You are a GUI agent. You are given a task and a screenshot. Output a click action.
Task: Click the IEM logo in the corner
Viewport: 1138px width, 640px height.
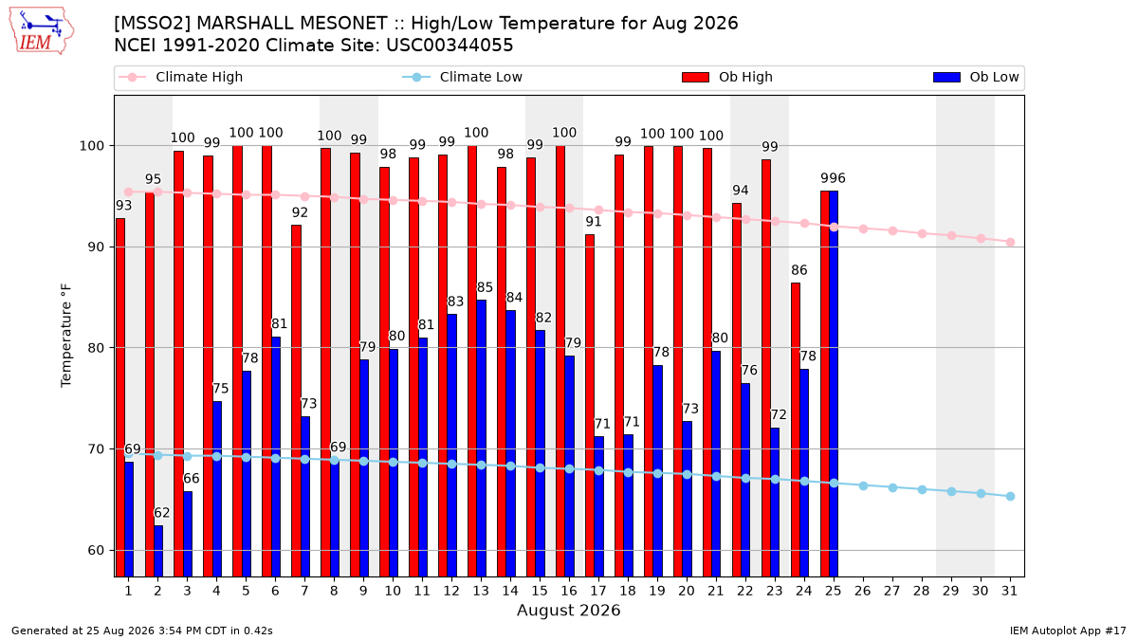pos(42,31)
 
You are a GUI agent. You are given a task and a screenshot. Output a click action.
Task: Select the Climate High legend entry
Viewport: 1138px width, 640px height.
pos(180,77)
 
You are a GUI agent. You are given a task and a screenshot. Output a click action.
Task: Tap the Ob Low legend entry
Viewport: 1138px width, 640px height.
pos(976,77)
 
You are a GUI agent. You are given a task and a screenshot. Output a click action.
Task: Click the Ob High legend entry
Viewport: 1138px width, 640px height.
pos(727,77)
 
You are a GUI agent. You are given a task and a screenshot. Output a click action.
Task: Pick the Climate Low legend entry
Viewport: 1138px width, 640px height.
pos(462,77)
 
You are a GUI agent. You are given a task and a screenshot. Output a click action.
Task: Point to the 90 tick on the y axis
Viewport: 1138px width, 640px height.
pos(90,247)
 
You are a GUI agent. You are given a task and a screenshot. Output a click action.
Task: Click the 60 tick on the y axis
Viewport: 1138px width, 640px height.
pos(90,551)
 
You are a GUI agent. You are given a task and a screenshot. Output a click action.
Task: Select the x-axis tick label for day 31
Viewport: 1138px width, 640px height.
pos(1009,592)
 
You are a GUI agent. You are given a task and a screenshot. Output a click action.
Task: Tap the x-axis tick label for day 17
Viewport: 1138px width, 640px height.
pos(598,592)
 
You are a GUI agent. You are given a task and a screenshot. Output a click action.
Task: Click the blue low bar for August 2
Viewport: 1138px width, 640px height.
pos(158,551)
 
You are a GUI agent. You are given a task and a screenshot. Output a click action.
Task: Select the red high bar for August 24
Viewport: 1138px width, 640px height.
pos(796,430)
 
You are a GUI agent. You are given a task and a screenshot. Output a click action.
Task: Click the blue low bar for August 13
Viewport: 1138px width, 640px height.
pos(481,438)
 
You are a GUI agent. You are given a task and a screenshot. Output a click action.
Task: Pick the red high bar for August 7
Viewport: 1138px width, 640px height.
pos(296,401)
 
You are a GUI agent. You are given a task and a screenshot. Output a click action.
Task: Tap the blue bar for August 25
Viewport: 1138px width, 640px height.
pos(834,384)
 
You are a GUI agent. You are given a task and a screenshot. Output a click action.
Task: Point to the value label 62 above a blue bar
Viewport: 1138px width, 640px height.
pos(161,513)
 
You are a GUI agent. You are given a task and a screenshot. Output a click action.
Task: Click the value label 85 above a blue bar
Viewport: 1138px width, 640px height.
pos(485,288)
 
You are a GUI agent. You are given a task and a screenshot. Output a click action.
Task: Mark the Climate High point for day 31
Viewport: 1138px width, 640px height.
pos(1011,243)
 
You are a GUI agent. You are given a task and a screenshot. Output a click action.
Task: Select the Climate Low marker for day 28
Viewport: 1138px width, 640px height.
pos(922,489)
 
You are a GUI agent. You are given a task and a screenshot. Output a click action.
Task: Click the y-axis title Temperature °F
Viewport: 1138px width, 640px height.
pos(66,336)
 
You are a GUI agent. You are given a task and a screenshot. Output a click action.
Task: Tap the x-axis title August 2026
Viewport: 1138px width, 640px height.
pos(568,610)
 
